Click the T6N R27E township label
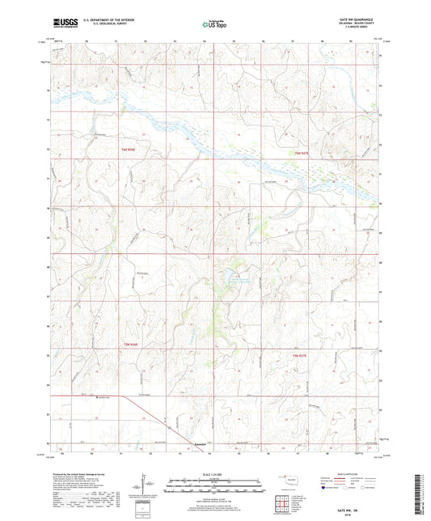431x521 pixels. [x=301, y=153]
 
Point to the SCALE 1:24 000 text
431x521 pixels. [x=214, y=474]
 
